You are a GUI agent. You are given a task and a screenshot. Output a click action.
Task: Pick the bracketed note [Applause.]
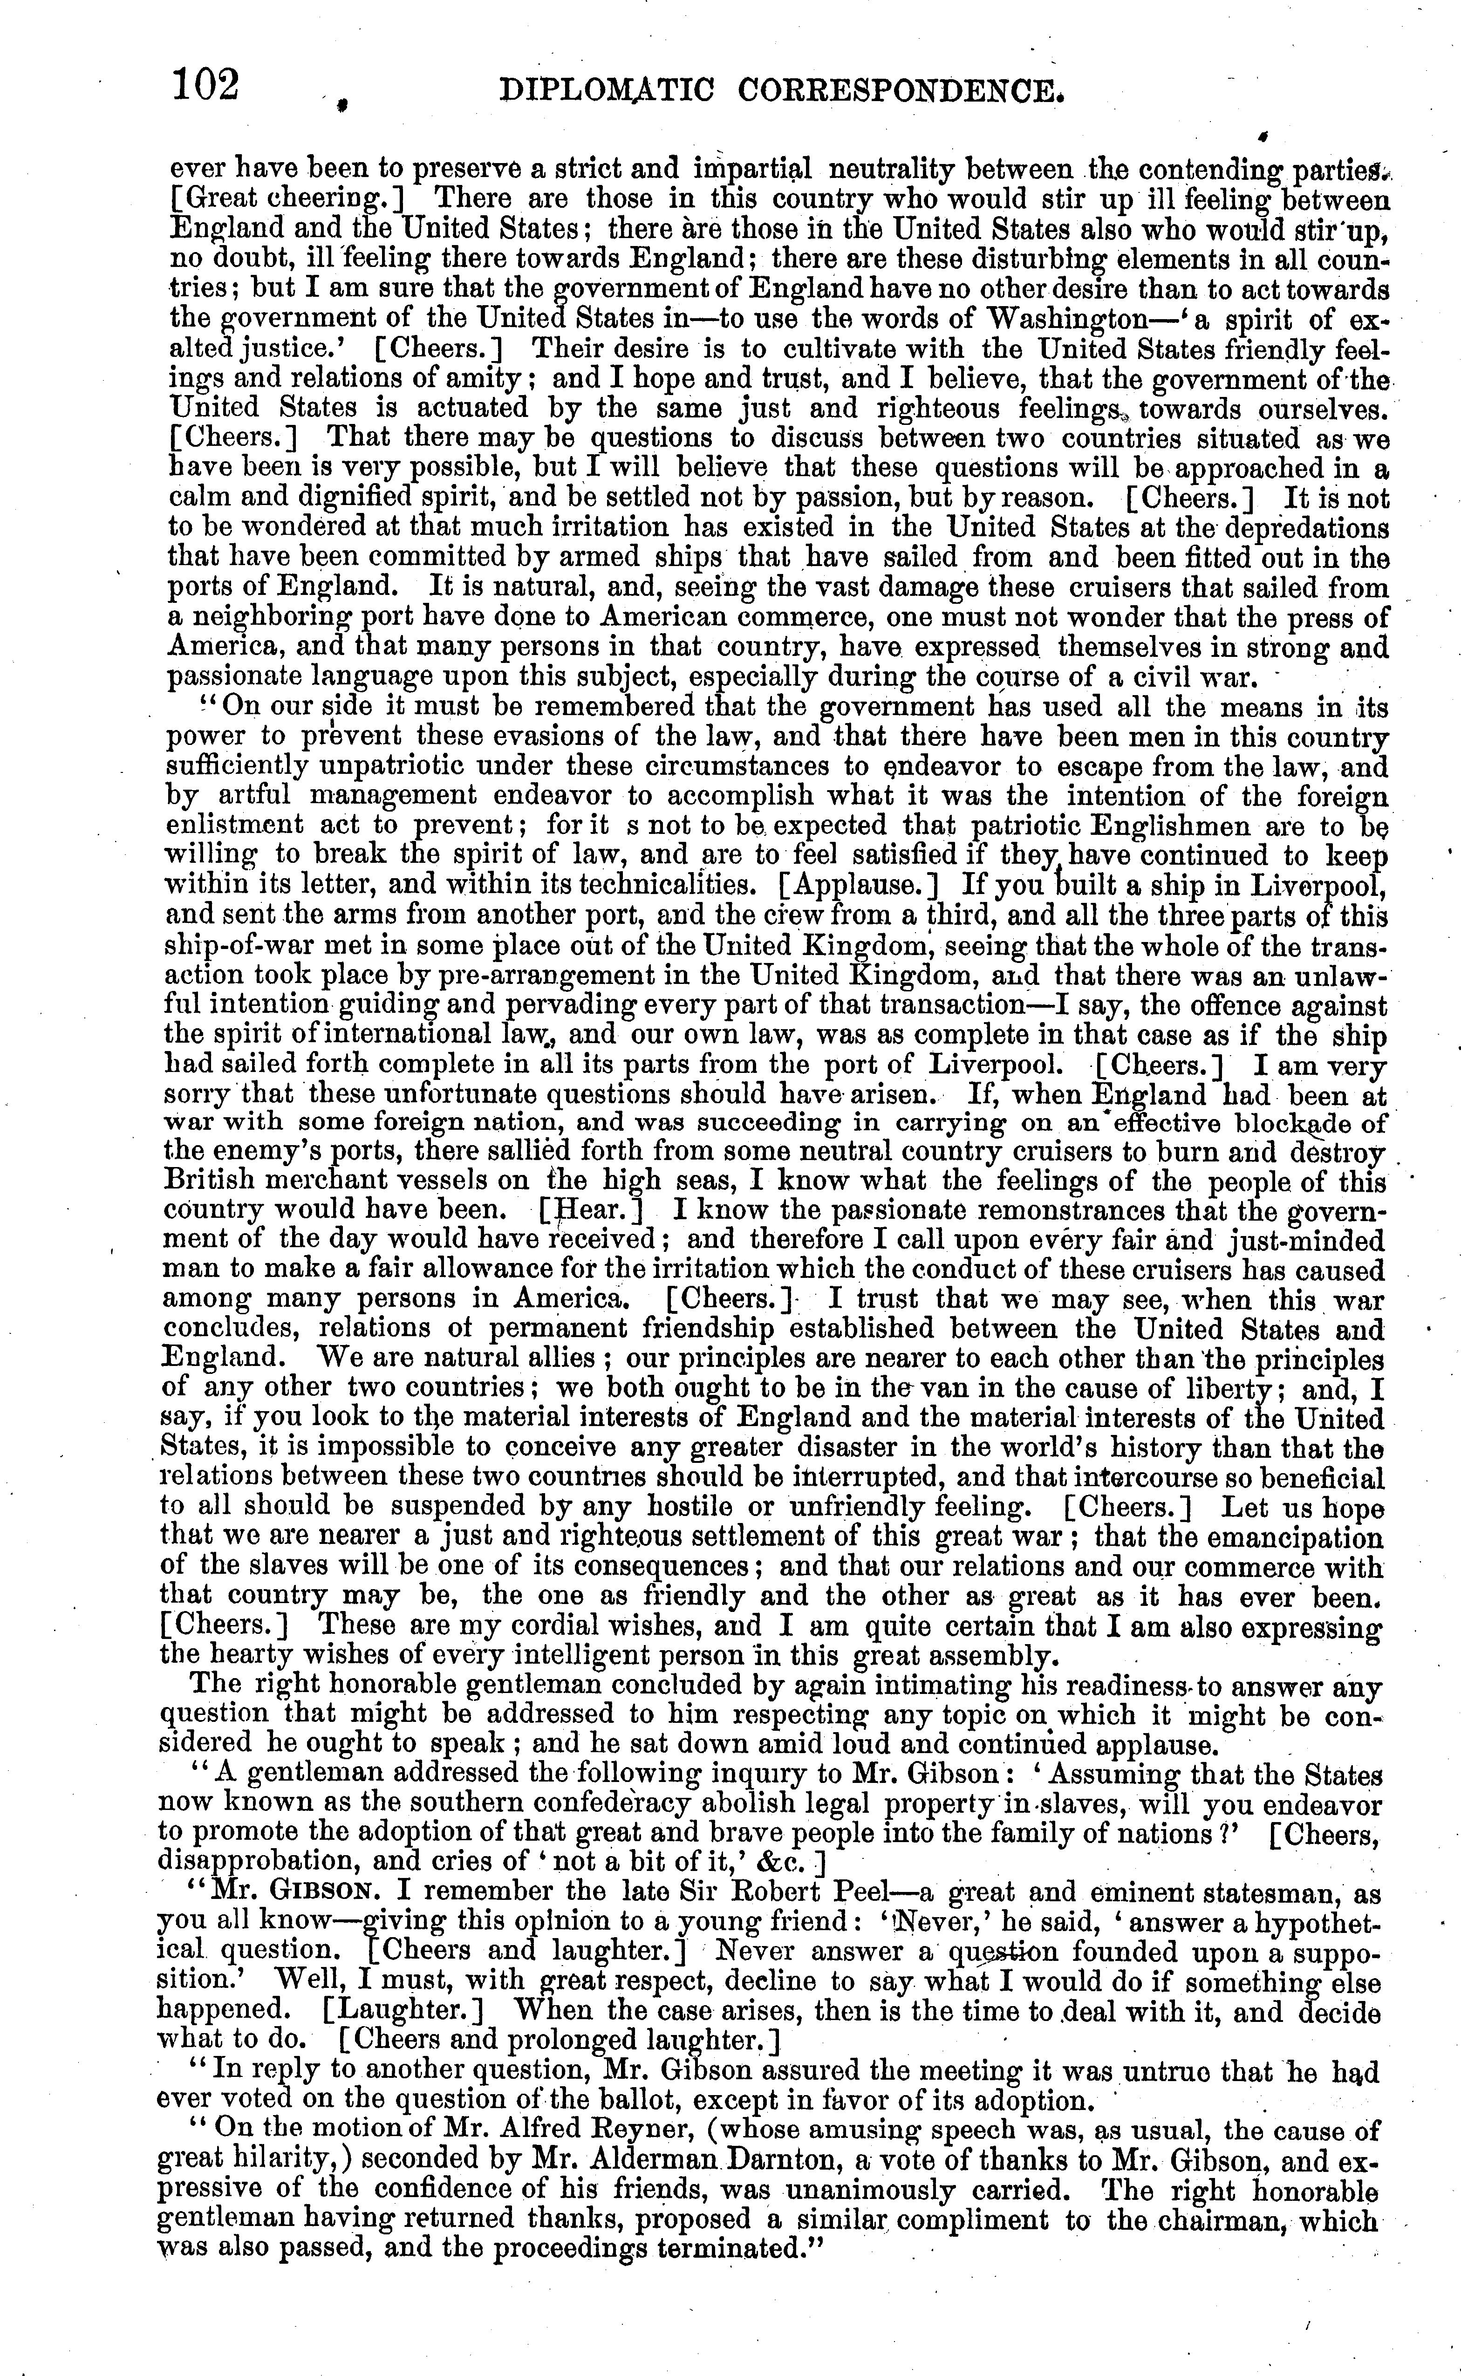[858, 885]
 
